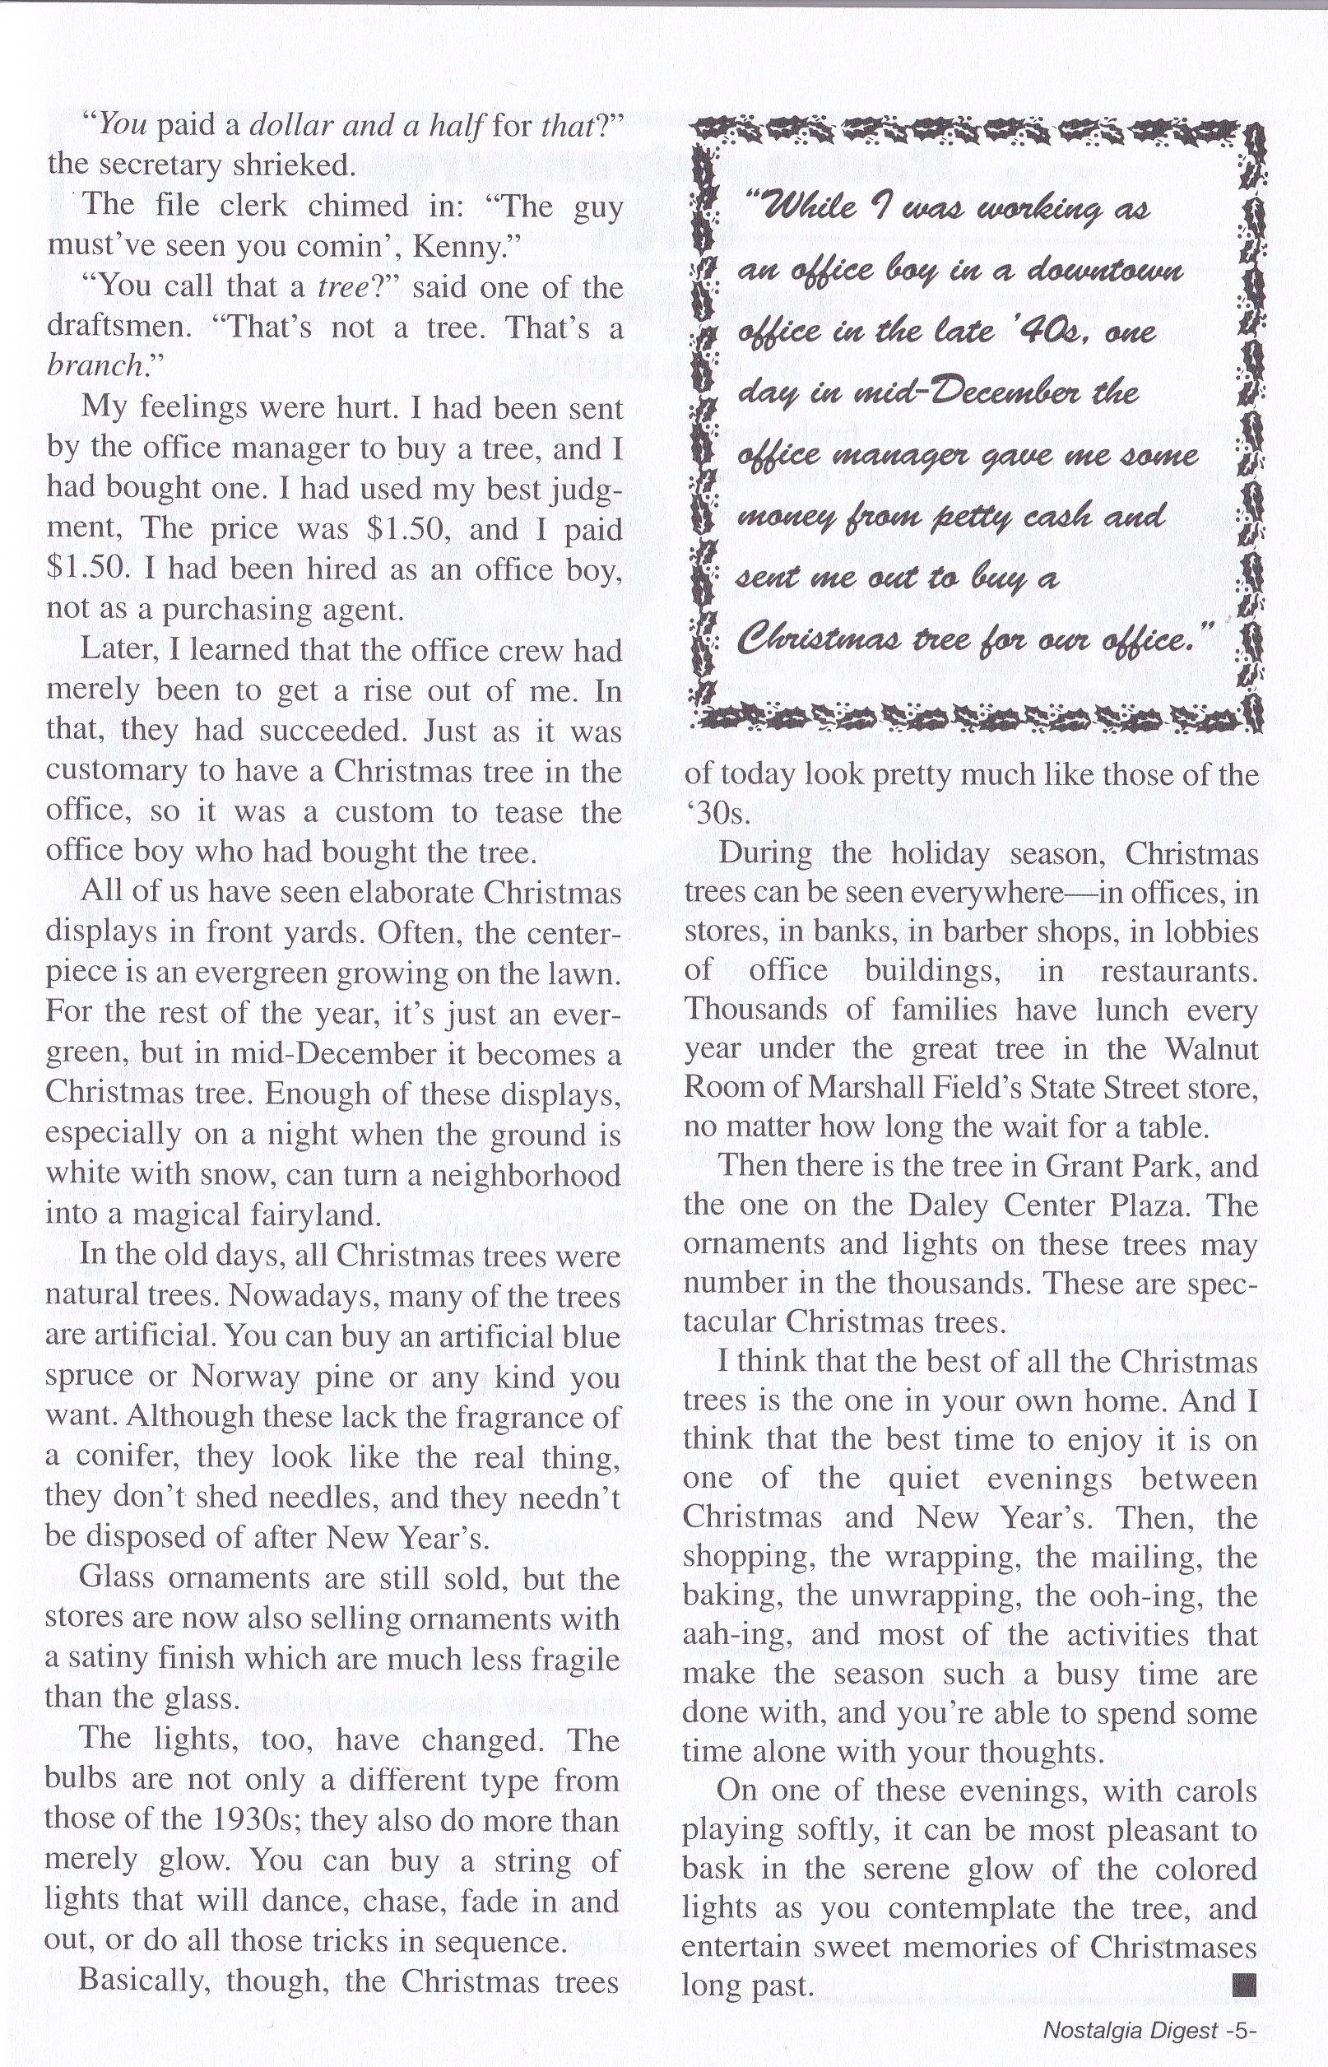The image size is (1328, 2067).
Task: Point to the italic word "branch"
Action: pyautogui.click(x=95, y=366)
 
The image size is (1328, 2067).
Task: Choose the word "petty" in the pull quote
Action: pyautogui.click(x=970, y=518)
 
